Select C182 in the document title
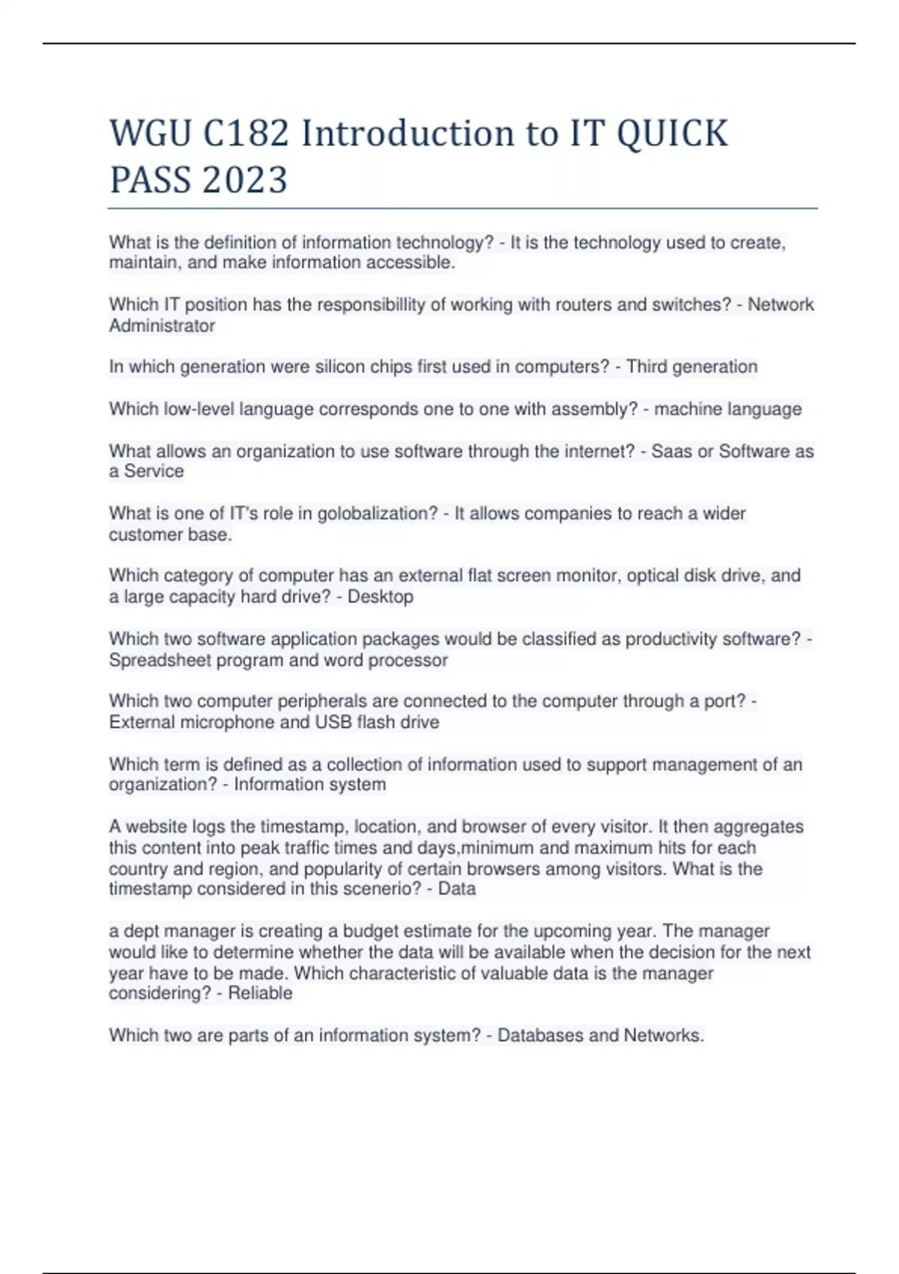246,134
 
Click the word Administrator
162,326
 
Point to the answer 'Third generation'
691,367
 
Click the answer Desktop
381,597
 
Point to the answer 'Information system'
310,785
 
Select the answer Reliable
260,993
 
